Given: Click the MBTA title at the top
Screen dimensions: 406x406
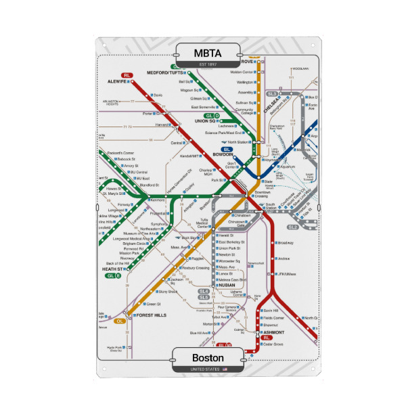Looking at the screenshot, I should click(x=207, y=52).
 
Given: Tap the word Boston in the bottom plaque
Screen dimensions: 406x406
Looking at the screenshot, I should click(x=208, y=357).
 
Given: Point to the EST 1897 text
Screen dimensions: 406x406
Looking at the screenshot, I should click(x=207, y=64).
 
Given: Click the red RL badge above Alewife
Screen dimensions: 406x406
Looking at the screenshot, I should click(x=127, y=74).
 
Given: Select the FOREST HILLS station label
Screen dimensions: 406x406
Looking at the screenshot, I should click(x=151, y=315).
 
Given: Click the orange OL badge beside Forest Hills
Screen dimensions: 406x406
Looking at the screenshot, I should click(x=120, y=320).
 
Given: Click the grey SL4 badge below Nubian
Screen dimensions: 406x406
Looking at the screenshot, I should click(x=204, y=290).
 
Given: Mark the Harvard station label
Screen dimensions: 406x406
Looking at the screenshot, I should click(x=162, y=125).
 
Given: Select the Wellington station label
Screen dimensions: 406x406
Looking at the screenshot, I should click(x=245, y=82).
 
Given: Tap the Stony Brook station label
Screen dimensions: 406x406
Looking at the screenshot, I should click(x=167, y=292).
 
